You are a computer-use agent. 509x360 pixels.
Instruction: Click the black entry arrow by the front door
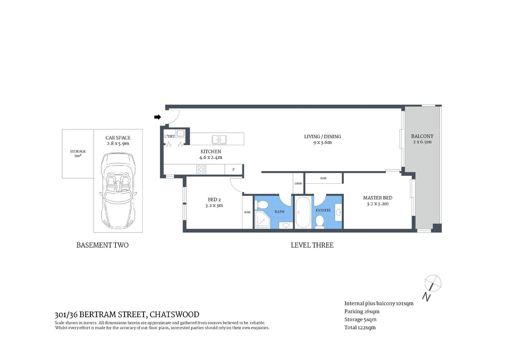157,117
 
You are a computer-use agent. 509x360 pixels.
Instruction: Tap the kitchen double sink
219,139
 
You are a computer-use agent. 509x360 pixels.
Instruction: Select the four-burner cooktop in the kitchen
201,169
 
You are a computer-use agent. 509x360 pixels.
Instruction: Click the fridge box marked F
234,170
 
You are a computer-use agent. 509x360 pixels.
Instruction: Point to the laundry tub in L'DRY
180,133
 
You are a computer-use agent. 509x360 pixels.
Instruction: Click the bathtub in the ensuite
303,212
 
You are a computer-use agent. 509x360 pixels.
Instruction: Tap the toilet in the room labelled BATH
261,205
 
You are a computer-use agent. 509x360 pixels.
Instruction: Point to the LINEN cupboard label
298,183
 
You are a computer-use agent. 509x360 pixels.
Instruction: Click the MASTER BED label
377,198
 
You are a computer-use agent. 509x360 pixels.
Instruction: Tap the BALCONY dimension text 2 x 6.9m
422,142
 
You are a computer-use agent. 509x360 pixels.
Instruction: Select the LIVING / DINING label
322,136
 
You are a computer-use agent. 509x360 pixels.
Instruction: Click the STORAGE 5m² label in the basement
78,153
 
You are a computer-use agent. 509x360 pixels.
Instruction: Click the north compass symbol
432,284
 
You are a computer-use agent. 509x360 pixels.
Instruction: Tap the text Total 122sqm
360,327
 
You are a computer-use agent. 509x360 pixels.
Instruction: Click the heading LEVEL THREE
312,245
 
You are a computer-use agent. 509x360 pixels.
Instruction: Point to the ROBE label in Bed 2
247,212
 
